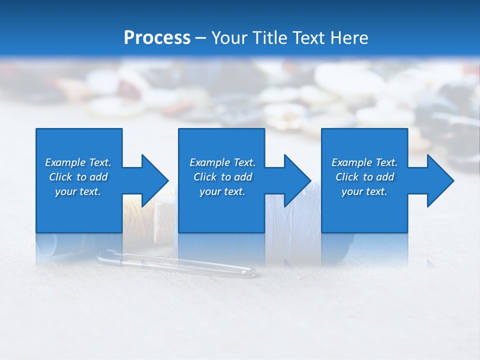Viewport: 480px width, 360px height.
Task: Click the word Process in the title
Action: coord(157,38)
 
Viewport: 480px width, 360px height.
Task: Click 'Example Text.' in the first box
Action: coord(78,162)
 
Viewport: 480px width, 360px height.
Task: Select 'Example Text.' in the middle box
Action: coord(222,162)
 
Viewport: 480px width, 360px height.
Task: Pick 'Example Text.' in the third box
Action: coord(364,162)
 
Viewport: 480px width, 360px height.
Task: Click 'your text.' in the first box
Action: coord(78,191)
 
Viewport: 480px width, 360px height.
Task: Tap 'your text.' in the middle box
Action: coord(222,191)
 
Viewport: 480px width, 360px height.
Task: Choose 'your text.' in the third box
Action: coord(364,191)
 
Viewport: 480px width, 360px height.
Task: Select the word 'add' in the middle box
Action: coord(242,177)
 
